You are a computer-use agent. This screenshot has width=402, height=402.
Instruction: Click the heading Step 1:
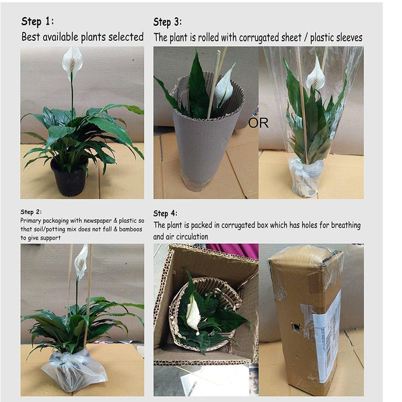pyautogui.click(x=38, y=21)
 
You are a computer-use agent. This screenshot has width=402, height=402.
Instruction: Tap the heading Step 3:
pyautogui.click(x=168, y=22)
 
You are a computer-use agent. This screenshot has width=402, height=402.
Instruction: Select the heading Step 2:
pyautogui.click(x=31, y=212)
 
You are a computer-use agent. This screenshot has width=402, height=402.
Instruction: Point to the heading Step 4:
pyautogui.click(x=165, y=213)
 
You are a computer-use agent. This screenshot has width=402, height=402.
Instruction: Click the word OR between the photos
pyautogui.click(x=258, y=123)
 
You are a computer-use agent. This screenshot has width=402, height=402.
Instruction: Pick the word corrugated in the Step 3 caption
pyautogui.click(x=257, y=38)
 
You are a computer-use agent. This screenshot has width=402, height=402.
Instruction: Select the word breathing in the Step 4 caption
pyautogui.click(x=346, y=225)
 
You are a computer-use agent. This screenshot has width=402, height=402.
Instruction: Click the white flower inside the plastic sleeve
pyautogui.click(x=316, y=74)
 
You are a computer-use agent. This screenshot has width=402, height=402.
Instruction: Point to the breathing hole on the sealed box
pyautogui.click(x=296, y=327)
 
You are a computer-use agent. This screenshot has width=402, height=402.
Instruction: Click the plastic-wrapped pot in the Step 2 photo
pyautogui.click(x=74, y=371)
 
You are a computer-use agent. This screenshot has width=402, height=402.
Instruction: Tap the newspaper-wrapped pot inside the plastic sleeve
pyautogui.click(x=305, y=177)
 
